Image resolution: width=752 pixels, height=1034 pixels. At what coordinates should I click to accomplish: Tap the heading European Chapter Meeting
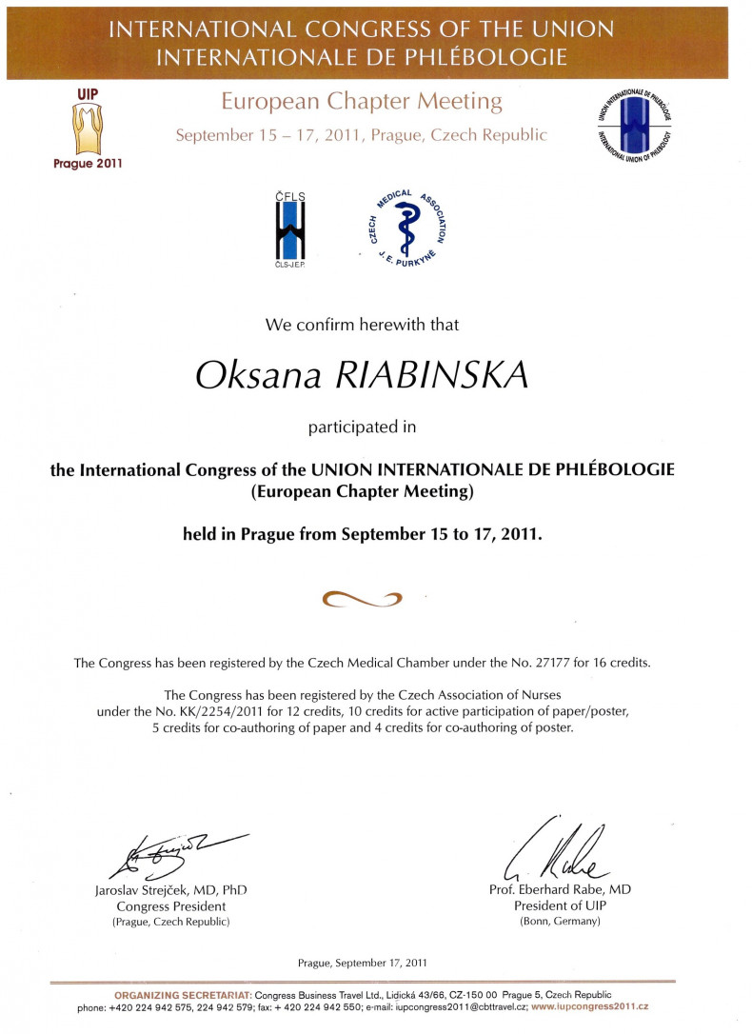(361, 101)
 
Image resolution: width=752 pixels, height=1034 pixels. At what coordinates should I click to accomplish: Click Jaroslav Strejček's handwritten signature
(181, 850)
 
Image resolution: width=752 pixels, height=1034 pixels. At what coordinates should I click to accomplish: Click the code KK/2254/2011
(241, 711)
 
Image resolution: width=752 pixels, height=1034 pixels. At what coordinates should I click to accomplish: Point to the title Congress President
(171, 905)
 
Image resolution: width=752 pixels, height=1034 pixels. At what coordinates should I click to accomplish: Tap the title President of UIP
(560, 905)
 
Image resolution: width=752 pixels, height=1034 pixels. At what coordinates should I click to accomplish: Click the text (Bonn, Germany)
(560, 922)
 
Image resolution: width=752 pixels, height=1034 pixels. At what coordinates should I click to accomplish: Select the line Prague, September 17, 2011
(362, 963)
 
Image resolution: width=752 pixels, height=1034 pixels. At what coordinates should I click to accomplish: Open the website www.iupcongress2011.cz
(590, 1006)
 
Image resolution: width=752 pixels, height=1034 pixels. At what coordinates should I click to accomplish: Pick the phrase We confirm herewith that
(362, 325)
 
